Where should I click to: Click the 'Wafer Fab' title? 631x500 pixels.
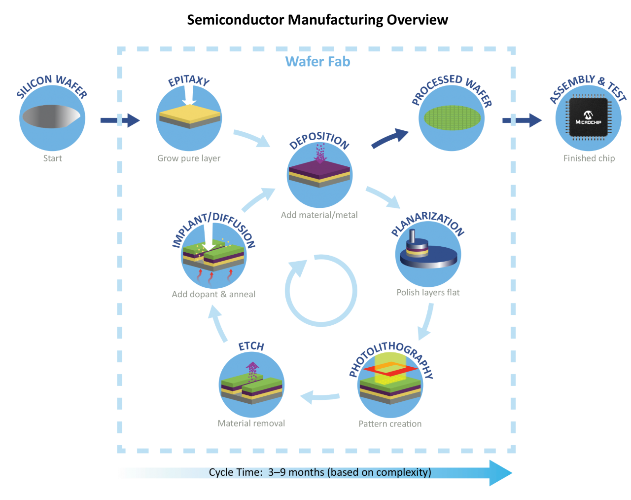pyautogui.click(x=318, y=62)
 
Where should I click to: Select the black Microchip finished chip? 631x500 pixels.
pyautogui.click(x=588, y=117)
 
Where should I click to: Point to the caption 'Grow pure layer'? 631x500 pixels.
pyautogui.click(x=189, y=158)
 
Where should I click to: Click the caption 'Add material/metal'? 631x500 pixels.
pyautogui.click(x=319, y=215)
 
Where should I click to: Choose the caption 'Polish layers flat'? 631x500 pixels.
pyautogui.click(x=428, y=292)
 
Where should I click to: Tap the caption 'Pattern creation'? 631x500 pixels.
pyautogui.click(x=390, y=423)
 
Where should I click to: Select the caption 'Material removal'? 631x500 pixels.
pyautogui.click(x=251, y=423)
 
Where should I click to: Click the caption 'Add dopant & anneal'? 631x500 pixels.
pyautogui.click(x=213, y=294)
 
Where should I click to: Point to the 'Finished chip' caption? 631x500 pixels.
pyautogui.click(x=589, y=158)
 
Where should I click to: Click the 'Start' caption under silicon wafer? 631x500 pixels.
pyautogui.click(x=53, y=158)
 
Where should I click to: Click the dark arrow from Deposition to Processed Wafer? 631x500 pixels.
pyautogui.click(x=389, y=138)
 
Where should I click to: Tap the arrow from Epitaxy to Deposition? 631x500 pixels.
pyautogui.click(x=251, y=138)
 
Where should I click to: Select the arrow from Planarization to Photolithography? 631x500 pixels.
pyautogui.click(x=426, y=321)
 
